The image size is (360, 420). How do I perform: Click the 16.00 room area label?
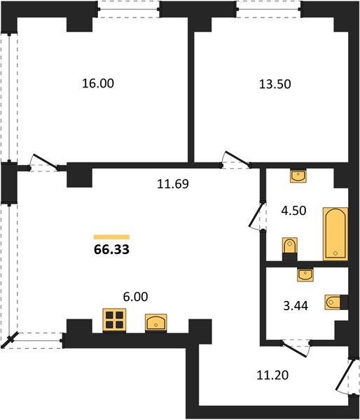98,83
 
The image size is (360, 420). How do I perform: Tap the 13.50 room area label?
275,84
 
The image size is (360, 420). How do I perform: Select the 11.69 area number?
173,184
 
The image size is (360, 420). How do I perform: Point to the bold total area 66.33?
111,249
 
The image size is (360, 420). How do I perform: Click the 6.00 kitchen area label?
135,297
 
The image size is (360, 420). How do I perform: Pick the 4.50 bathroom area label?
293,211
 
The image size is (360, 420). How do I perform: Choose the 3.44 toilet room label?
296,306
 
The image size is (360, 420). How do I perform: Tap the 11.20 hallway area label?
272,375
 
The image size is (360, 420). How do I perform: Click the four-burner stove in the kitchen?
114,321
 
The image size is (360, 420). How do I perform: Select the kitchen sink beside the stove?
155,323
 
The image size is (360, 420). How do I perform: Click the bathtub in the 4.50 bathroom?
335,234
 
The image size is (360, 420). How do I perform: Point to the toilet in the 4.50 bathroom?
290,248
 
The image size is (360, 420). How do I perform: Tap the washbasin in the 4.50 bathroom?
298,176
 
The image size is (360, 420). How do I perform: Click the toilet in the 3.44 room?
336,302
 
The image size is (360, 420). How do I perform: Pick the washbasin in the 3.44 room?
305,275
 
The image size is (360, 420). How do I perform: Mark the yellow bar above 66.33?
111,237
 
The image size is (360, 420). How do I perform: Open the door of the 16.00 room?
43,162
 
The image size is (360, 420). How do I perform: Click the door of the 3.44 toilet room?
296,349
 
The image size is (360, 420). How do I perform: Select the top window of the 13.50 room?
268,9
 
